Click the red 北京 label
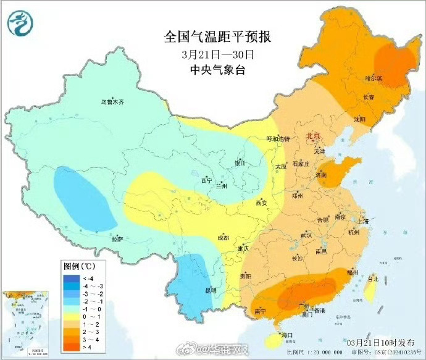314,136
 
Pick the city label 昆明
210,290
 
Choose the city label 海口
285,335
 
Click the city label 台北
372,278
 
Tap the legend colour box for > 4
72,347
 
